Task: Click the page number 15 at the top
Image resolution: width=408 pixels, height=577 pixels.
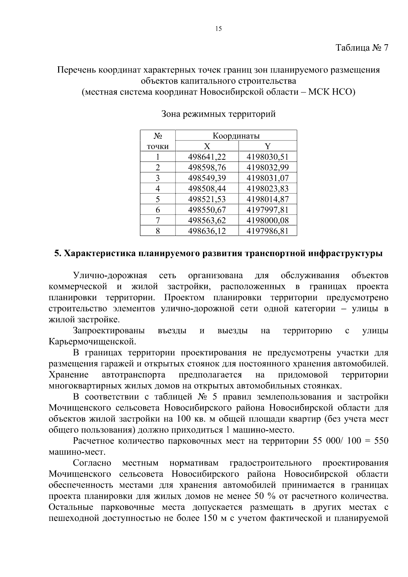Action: coord(218,29)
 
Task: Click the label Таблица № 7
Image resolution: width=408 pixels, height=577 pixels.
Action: coord(362,48)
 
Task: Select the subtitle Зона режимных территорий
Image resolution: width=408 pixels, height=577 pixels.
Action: coord(218,114)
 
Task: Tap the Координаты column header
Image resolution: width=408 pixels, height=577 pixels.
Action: coord(236,136)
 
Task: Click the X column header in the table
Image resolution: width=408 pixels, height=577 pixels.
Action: coord(207,147)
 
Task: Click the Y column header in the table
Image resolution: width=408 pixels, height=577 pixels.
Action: coord(268,147)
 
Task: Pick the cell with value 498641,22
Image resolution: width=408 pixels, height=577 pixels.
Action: coord(207,157)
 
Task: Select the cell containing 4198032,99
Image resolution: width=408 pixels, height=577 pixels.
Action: coord(268,168)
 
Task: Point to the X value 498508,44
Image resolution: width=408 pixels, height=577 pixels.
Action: coord(207,189)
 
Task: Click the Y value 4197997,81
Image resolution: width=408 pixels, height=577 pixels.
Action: coord(268,210)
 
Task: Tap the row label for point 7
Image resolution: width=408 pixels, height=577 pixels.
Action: coord(157,220)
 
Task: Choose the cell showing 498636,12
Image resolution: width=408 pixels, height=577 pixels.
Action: coord(207,231)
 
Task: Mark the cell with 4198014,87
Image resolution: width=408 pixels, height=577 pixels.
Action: coord(268,199)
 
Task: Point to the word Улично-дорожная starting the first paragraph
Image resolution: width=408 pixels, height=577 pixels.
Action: coord(110,275)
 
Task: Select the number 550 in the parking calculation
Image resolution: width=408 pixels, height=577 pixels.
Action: coord(381,441)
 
